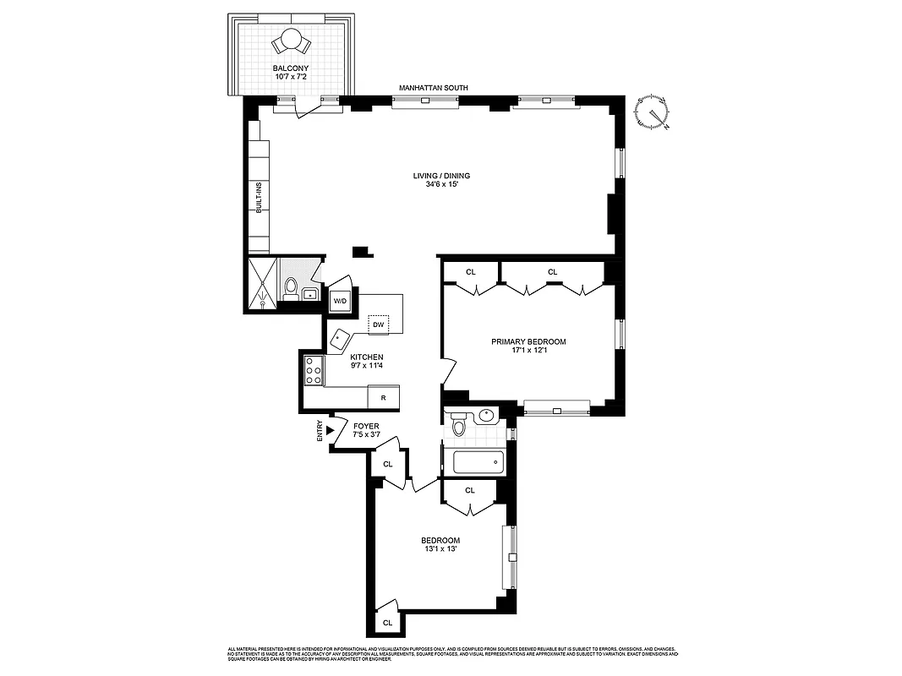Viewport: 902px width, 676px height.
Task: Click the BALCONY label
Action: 290,68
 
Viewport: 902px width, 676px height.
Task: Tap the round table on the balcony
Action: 291,39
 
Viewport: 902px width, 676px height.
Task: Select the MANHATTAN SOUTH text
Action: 434,88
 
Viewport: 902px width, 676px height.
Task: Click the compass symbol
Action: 653,113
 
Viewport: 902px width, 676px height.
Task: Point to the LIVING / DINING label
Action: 441,176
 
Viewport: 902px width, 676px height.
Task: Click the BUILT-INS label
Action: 259,198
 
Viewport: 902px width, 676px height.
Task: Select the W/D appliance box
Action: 340,301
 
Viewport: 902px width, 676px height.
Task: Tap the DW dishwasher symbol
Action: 379,324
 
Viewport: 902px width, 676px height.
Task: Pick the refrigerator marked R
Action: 383,397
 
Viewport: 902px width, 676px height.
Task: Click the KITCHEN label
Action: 367,357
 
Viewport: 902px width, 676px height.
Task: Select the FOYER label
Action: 366,426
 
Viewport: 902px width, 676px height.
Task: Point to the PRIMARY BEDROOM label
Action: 529,341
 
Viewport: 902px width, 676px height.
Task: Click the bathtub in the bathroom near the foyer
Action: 478,463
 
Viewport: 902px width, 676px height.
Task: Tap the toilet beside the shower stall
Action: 290,290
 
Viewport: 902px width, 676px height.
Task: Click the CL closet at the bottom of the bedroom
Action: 387,623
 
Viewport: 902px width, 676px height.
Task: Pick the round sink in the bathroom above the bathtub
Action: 486,416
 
